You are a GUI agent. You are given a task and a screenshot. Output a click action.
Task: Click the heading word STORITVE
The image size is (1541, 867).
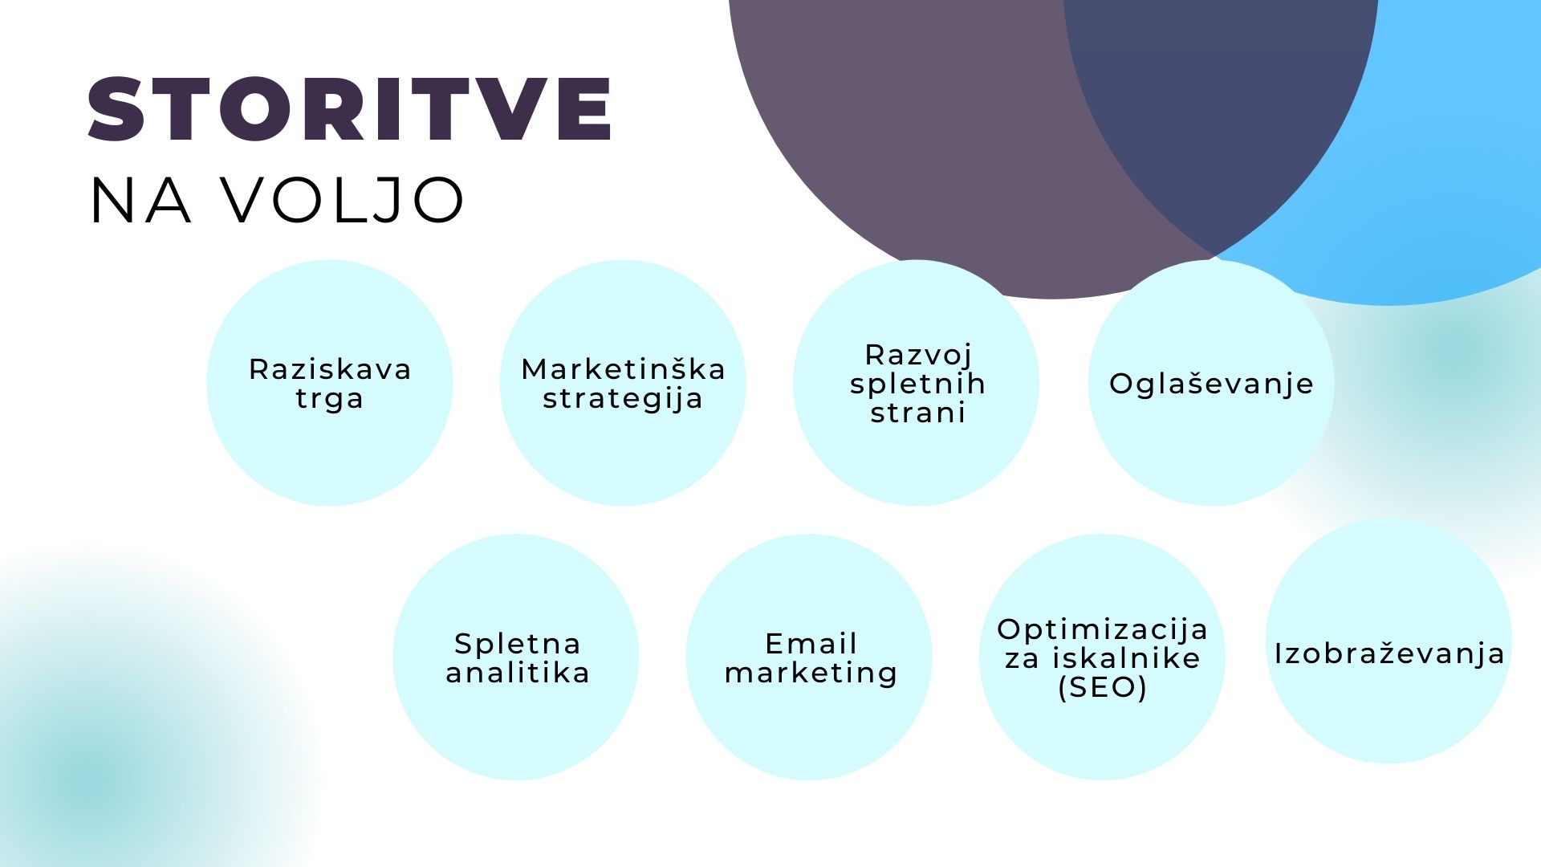(x=350, y=110)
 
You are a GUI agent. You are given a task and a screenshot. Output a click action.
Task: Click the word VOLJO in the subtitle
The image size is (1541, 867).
(x=343, y=200)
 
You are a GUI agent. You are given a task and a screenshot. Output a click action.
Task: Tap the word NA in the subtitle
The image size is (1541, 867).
(x=140, y=200)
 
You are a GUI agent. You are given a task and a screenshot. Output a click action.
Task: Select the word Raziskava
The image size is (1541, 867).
(x=330, y=369)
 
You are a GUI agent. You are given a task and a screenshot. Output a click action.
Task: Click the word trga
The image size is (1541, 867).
(x=330, y=399)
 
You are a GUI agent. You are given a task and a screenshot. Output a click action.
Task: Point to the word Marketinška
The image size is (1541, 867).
(x=623, y=369)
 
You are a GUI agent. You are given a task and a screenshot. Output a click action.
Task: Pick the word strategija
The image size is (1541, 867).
(x=623, y=399)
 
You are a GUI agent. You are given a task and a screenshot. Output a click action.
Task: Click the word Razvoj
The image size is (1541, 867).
(x=918, y=355)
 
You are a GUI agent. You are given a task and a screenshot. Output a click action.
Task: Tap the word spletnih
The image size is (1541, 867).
(x=917, y=384)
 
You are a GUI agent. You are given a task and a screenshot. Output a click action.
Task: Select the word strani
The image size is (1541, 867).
(x=917, y=413)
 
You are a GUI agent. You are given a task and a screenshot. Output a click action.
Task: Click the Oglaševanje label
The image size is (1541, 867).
(x=1211, y=384)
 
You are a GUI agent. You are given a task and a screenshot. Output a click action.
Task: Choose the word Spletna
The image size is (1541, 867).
(x=517, y=644)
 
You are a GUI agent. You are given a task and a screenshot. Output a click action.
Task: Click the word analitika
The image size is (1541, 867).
(x=518, y=673)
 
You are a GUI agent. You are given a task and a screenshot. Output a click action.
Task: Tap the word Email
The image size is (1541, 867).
(x=811, y=644)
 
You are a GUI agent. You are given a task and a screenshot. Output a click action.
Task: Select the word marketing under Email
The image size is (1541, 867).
(x=811, y=674)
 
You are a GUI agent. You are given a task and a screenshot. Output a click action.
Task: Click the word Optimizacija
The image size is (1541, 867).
(x=1103, y=629)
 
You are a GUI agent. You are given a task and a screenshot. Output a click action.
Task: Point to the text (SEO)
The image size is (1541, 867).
(x=1103, y=687)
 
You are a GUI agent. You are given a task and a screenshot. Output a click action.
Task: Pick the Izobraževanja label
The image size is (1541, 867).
(x=1389, y=653)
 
